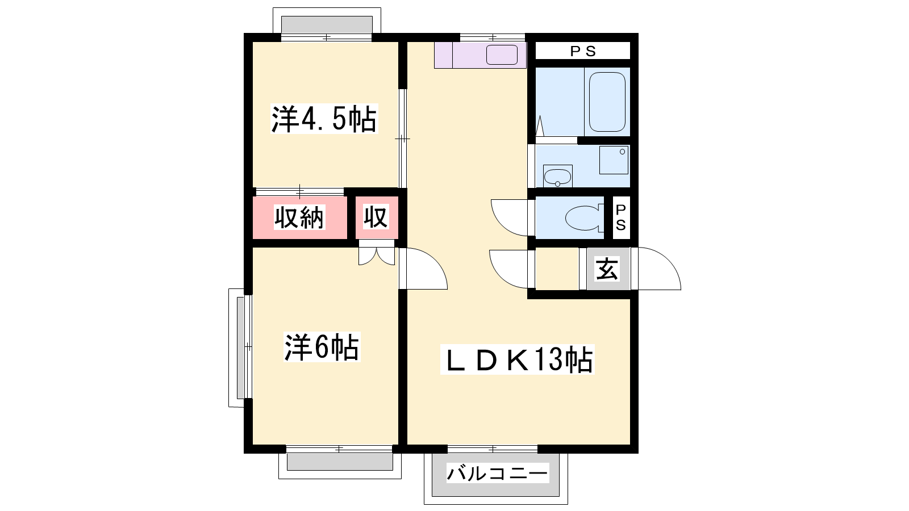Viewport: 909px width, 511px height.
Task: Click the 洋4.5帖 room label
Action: [324, 119]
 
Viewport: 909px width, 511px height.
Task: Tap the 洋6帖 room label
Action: [322, 347]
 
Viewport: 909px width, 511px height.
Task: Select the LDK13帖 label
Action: [517, 359]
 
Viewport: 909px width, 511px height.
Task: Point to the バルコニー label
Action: [498, 474]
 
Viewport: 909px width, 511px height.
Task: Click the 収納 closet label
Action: [299, 218]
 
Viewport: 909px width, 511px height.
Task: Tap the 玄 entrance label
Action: [607, 269]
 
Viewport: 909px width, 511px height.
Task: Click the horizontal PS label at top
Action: [583, 51]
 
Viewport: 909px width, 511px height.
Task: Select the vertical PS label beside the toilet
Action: [621, 217]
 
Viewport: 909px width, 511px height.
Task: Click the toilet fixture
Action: [583, 218]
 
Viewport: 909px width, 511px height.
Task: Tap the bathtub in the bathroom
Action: [607, 102]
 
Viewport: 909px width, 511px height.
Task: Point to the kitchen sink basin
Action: [502, 55]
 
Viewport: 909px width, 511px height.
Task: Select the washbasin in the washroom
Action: [557, 177]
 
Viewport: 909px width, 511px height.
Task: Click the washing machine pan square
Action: [614, 160]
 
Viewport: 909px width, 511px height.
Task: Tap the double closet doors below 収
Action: [377, 256]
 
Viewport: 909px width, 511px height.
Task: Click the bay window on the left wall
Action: [240, 347]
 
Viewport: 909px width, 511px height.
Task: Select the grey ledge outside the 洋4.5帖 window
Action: [327, 25]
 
